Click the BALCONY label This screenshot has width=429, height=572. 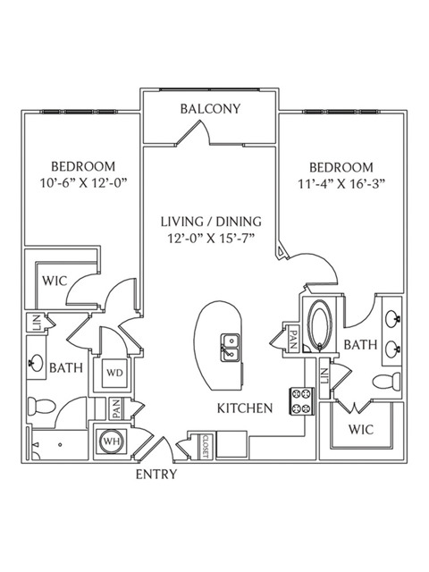pos(211,109)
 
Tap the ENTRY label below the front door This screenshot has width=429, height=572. pos(156,475)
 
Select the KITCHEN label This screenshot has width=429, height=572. pos(245,408)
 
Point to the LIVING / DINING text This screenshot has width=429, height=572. pos(212,222)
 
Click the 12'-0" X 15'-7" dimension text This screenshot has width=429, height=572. pos(211,239)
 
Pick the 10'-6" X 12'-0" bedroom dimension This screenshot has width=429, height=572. pos(83,182)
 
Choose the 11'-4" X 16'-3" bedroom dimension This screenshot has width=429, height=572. pos(341,183)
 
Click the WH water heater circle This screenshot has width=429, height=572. pos(112,442)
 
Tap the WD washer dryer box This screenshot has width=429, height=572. pos(115,374)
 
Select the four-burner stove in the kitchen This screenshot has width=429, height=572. pos(302,401)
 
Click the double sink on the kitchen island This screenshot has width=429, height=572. pos(231,348)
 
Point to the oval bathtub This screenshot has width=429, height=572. pos(320,324)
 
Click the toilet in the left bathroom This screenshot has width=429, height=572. pos(42,405)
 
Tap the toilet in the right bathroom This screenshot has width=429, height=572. pos(386,382)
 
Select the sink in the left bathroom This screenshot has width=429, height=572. pos(37,363)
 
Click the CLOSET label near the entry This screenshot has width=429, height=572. pos(205,446)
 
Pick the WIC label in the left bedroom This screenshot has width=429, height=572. pos(55,281)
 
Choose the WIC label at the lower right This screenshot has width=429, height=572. pos(361,429)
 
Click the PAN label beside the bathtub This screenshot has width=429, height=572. pos(292,340)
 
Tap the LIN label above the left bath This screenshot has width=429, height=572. pos(37,323)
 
